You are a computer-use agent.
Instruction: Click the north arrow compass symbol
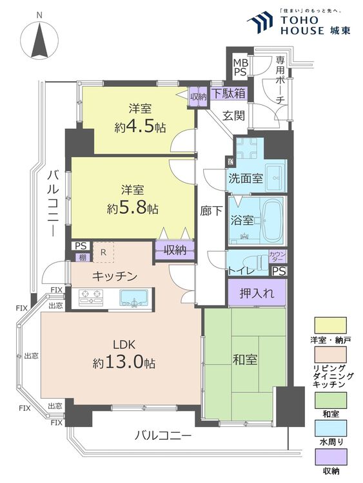pyautogui.click(x=39, y=40)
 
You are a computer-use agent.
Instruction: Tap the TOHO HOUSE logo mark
pyautogui.click(x=260, y=22)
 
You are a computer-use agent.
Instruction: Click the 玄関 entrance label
pyautogui.click(x=233, y=116)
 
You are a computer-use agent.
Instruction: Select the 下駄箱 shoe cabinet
pyautogui.click(x=228, y=93)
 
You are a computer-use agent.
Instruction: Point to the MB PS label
pyautogui.click(x=240, y=67)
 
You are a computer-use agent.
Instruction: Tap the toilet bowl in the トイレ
pyautogui.click(x=255, y=263)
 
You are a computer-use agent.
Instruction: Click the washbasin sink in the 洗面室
pyautogui.click(x=276, y=178)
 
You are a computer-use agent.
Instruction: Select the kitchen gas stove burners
pyautogui.click(x=90, y=298)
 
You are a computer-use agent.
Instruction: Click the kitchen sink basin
pyautogui.click(x=133, y=298)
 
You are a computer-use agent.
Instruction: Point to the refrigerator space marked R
pyautogui.click(x=103, y=252)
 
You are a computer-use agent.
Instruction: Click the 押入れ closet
pyautogui.click(x=257, y=292)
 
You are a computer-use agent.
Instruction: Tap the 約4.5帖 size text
pyautogui.click(x=140, y=127)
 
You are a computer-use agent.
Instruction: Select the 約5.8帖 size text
pyautogui.click(x=133, y=209)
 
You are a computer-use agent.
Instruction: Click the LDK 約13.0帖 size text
pyautogui.click(x=124, y=363)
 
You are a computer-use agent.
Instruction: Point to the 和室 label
pyautogui.click(x=245, y=359)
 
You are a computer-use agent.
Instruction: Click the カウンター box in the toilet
pyautogui.click(x=278, y=256)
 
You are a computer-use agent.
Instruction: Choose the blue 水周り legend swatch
pyautogui.click(x=330, y=428)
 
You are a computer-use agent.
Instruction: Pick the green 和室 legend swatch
pyautogui.click(x=330, y=400)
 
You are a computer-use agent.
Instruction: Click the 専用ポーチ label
pyautogui.click(x=280, y=80)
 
